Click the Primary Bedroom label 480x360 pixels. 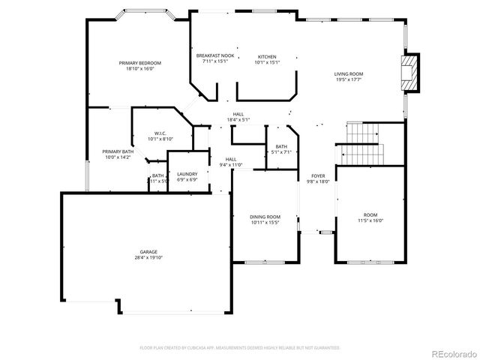point(139,63)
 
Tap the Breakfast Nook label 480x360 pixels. point(215,56)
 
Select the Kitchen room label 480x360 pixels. point(267,56)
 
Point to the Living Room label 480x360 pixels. point(349,73)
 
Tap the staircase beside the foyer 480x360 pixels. point(363,142)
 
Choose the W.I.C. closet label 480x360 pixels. point(160,133)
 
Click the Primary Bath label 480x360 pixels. point(117,151)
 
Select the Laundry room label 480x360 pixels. point(187,174)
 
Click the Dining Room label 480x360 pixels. point(265,217)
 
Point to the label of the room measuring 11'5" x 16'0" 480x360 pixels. point(370,214)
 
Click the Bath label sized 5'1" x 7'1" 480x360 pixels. point(281,146)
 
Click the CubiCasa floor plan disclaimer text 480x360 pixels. point(240,348)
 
